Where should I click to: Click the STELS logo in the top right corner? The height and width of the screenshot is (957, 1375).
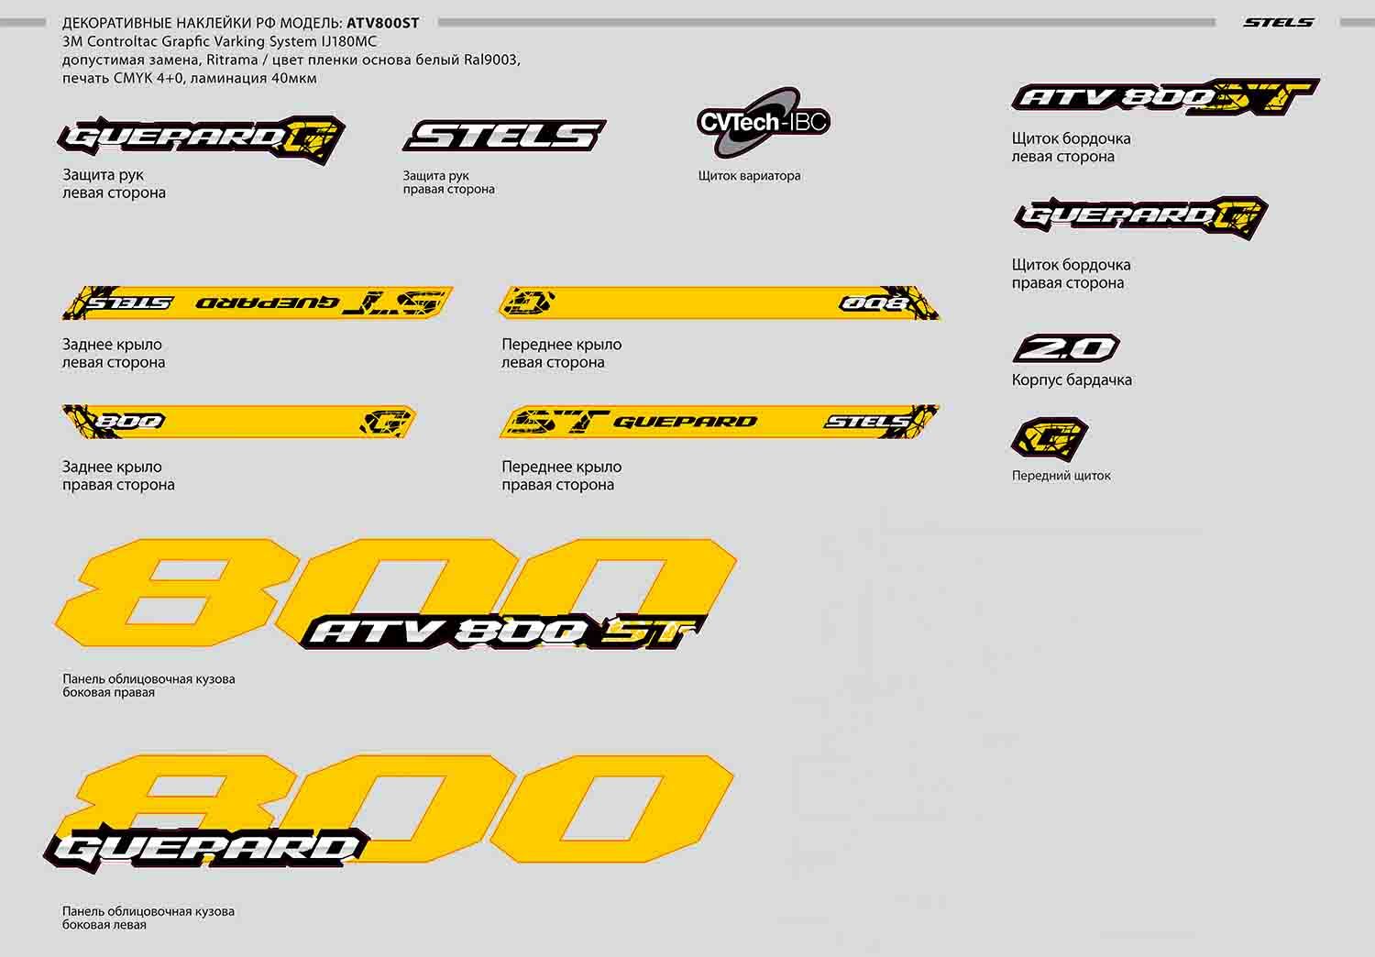(1278, 22)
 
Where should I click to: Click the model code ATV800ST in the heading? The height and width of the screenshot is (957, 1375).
(382, 23)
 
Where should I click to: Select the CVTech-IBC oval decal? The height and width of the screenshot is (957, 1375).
(763, 123)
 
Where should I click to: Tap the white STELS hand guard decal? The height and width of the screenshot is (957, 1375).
(503, 136)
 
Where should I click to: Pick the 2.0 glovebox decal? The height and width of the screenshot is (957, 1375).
(1066, 348)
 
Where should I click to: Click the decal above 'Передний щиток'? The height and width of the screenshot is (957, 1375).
(1050, 438)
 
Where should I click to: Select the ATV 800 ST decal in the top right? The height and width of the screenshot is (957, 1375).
(1164, 96)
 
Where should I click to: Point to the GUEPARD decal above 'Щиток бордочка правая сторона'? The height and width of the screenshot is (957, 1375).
(1140, 216)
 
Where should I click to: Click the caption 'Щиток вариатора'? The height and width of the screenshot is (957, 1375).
(749, 176)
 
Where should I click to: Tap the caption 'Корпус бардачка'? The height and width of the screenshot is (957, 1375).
(1071, 379)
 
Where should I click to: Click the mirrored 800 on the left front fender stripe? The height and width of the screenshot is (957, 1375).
(875, 302)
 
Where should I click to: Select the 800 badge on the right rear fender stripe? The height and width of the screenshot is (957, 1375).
(130, 422)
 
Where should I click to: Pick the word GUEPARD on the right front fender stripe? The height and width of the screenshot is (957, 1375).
(685, 422)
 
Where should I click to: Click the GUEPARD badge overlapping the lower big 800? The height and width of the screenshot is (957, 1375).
(207, 847)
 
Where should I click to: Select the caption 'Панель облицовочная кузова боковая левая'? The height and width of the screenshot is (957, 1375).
(148, 918)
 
